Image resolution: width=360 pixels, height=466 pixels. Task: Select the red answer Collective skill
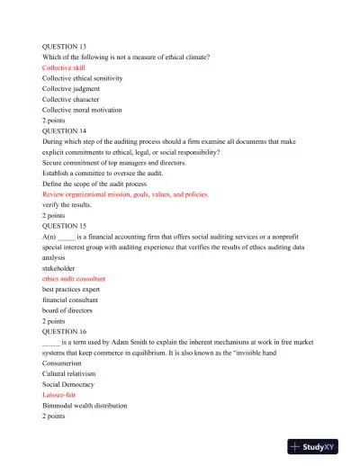(x=64, y=67)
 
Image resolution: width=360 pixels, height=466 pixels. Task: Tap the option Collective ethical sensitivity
(x=83, y=78)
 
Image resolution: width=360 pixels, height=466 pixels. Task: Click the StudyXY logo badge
(x=319, y=445)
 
